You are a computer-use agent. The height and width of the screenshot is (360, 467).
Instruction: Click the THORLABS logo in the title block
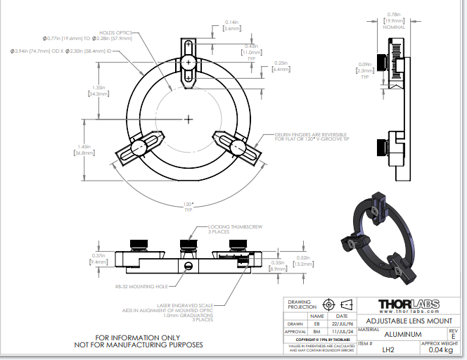coord(409,305)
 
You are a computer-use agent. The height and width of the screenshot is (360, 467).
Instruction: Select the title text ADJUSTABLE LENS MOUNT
coord(409,321)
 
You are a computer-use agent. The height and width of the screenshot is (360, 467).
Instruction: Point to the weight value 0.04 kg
coord(440,349)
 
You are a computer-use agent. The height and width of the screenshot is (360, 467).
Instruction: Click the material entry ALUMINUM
coord(402,334)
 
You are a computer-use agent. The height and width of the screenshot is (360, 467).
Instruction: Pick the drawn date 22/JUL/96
coord(340,323)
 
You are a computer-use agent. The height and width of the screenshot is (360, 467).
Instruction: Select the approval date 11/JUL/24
coord(340,330)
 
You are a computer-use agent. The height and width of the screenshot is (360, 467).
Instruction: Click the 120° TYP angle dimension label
coord(188,207)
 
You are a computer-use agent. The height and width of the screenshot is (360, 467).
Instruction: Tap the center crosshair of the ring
coord(188,119)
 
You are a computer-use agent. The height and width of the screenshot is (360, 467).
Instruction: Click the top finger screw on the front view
coord(188,63)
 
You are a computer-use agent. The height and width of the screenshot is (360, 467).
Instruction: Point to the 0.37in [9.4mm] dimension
coord(98,258)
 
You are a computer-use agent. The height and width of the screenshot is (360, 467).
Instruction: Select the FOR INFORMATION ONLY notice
coord(139,340)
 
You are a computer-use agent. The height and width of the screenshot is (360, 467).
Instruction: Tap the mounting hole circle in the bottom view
coord(188,266)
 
